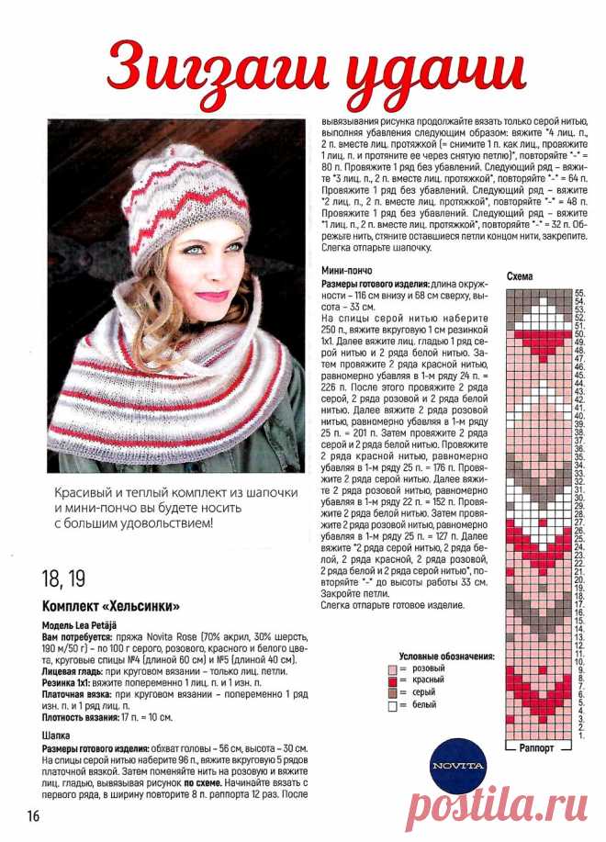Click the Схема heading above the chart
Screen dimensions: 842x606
pyautogui.click(x=520, y=275)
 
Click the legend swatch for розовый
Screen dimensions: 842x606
pyautogui.click(x=393, y=668)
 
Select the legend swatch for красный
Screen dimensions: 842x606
pyautogui.click(x=393, y=680)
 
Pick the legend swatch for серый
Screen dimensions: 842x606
pyautogui.click(x=393, y=692)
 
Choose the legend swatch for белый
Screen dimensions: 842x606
pyautogui.click(x=393, y=705)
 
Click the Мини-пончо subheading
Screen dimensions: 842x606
pyautogui.click(x=346, y=271)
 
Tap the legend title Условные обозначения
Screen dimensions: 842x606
pyautogui.click(x=446, y=656)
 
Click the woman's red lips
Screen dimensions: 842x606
pyautogui.click(x=211, y=296)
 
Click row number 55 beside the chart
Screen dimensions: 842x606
pyautogui.click(x=580, y=291)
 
